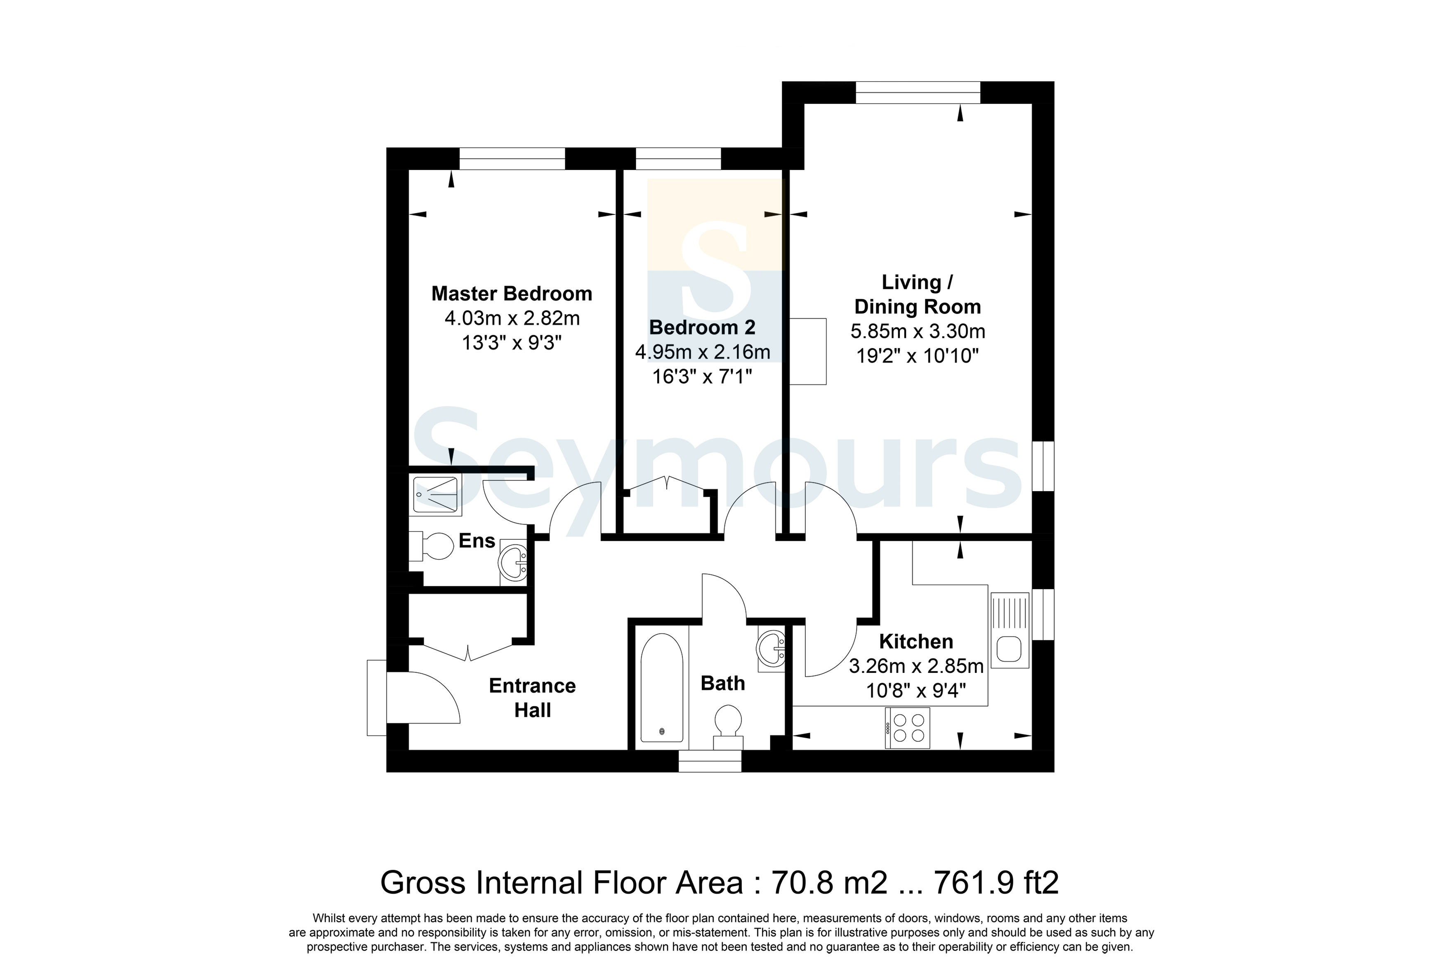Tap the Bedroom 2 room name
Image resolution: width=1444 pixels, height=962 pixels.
click(x=702, y=328)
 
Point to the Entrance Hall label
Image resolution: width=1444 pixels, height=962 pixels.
click(x=532, y=698)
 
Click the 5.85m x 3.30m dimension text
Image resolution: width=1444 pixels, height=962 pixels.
click(x=918, y=332)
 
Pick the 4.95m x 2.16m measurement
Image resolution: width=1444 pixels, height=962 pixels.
click(x=702, y=352)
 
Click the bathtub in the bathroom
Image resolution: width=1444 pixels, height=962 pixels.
click(x=661, y=687)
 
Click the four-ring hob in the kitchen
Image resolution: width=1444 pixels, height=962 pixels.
click(x=907, y=728)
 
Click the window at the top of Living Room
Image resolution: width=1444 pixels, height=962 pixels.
click(x=918, y=93)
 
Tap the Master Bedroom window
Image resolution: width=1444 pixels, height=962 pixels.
click(x=512, y=159)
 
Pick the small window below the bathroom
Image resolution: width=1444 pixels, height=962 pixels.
click(x=710, y=761)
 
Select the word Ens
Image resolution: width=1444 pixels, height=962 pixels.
click(x=477, y=541)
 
